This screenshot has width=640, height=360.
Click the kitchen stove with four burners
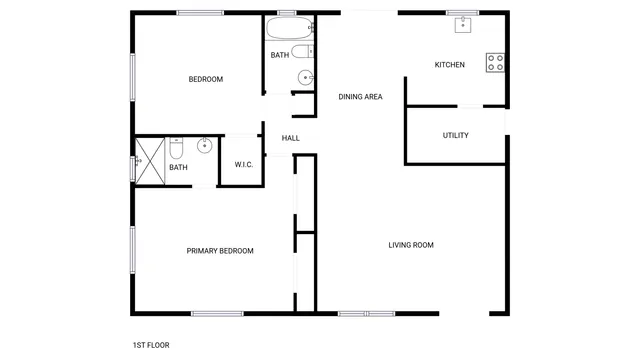pyautogui.click(x=495, y=62)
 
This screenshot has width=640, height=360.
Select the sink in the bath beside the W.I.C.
pyautogui.click(x=204, y=146)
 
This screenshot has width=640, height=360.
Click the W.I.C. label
pyautogui.click(x=243, y=164)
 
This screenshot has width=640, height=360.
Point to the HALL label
pyautogui.click(x=291, y=138)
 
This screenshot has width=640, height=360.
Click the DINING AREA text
pyautogui.click(x=360, y=97)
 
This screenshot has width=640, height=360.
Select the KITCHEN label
pyautogui.click(x=449, y=65)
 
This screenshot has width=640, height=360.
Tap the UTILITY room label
pyautogui.click(x=455, y=135)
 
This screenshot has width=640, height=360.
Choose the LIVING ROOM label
pyautogui.click(x=411, y=245)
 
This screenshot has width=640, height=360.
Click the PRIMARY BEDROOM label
pyautogui.click(x=220, y=251)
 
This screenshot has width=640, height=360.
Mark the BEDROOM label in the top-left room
pyautogui.click(x=205, y=79)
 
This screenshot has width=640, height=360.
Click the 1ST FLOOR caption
pyautogui.click(x=151, y=345)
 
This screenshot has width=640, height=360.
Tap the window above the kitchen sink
pyautogui.click(x=462, y=12)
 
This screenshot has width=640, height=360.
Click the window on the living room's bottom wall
pyautogui.click(x=367, y=314)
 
